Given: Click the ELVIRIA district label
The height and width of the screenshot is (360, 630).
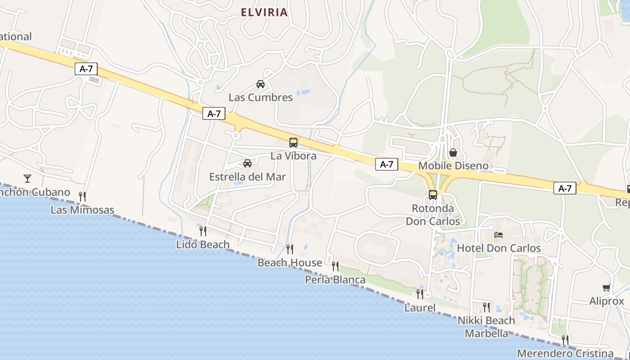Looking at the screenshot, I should pos(264,12).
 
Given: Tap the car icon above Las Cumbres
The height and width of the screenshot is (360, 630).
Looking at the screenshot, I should pos(261,84).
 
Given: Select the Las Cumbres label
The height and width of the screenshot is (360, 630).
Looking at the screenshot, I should pos(261,97).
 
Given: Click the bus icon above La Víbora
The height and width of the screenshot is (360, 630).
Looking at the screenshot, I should pos(293,143).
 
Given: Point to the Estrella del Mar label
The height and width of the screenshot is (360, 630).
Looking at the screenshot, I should pos(247,177).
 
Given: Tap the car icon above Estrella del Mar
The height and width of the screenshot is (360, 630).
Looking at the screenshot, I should pos(247,163).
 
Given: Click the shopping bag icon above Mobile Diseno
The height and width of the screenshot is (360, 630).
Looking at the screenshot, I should pos(453,153).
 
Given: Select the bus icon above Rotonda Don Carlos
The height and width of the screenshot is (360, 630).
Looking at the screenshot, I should pos(433,195).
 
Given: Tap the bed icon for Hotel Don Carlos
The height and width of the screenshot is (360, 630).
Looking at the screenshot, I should pos(499,234).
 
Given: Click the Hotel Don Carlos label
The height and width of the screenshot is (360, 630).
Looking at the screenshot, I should pos(499,248).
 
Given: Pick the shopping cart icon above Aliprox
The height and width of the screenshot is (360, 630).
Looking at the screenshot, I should pos(607,288).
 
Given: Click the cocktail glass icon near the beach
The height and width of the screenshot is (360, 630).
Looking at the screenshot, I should pos(27,179).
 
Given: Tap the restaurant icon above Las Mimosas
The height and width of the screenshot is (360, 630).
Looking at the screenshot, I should pos(82,196).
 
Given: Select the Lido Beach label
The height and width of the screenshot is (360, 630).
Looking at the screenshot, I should pos(203,245).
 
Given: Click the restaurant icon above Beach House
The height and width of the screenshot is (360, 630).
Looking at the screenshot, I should pos(290,249).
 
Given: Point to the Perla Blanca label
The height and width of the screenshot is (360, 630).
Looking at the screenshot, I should pos(335,280).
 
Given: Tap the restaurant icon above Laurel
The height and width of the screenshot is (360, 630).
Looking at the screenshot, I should pos(420,294).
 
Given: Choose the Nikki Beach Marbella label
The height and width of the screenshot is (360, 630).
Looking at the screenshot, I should pos(486,327).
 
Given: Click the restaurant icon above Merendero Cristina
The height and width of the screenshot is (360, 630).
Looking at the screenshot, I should pos(565,340).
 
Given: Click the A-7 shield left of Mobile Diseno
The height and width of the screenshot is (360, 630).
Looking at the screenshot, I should pos(387,165).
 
